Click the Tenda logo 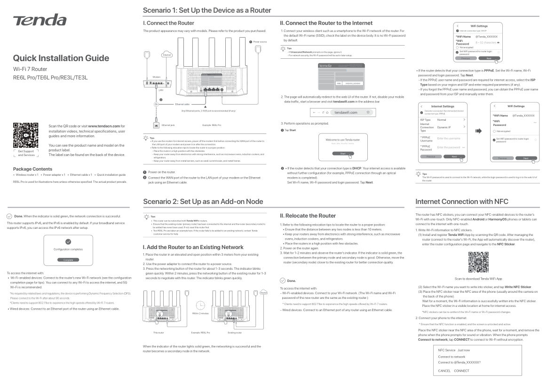coord(40,20)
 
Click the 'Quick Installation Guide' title coord(61,58)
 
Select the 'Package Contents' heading coord(32,169)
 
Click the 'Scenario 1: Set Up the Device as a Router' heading coord(207,10)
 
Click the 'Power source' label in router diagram coord(260,42)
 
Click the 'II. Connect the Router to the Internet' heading coord(326,23)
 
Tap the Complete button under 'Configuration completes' coord(68,259)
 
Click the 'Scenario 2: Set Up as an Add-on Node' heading coord(203,202)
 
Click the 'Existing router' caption coord(234,333)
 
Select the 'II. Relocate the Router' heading coord(308,216)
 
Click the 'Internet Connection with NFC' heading coord(462,202)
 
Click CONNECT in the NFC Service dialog coord(461,371)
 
